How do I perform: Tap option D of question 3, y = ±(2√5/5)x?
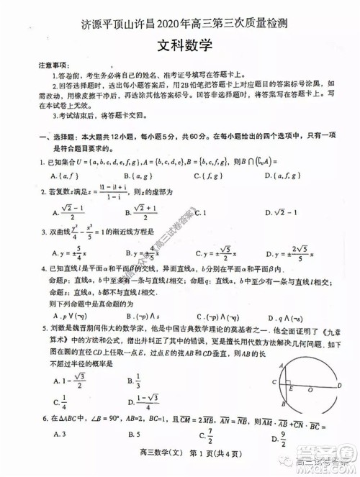coord(283,253)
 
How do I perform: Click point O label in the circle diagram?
coord(310,391)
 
